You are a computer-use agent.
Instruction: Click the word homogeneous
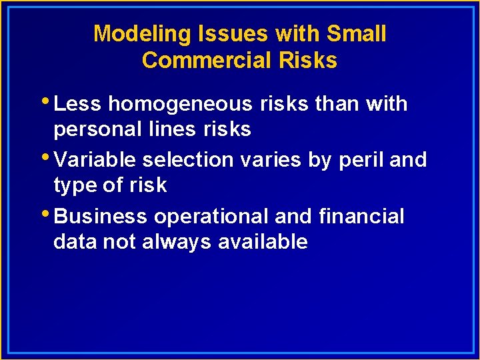180,104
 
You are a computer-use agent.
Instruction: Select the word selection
188,160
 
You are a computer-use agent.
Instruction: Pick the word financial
361,216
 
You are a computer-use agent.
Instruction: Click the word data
75,241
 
